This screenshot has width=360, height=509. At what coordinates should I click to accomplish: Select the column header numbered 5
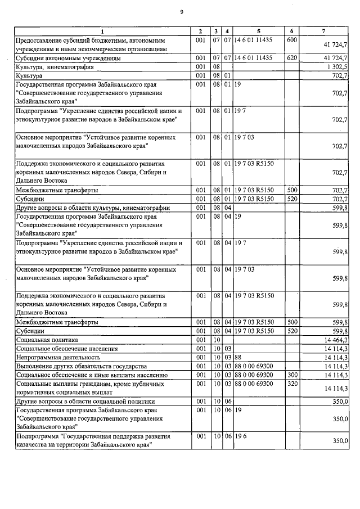pyautogui.click(x=258, y=30)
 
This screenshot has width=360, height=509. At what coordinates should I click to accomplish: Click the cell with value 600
pyautogui.click(x=291, y=40)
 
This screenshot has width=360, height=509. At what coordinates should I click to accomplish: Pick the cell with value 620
pyautogui.click(x=291, y=58)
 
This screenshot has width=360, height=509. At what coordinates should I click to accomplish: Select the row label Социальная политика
pyautogui.click(x=44, y=340)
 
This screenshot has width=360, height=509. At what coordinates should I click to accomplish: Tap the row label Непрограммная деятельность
pyautogui.click(x=58, y=357)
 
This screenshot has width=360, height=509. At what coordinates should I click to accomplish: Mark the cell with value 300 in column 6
pyautogui.click(x=291, y=374)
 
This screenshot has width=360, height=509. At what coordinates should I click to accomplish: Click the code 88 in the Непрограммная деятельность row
pyautogui.click(x=238, y=357)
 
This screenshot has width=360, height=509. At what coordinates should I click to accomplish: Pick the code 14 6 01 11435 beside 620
pyautogui.click(x=254, y=58)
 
